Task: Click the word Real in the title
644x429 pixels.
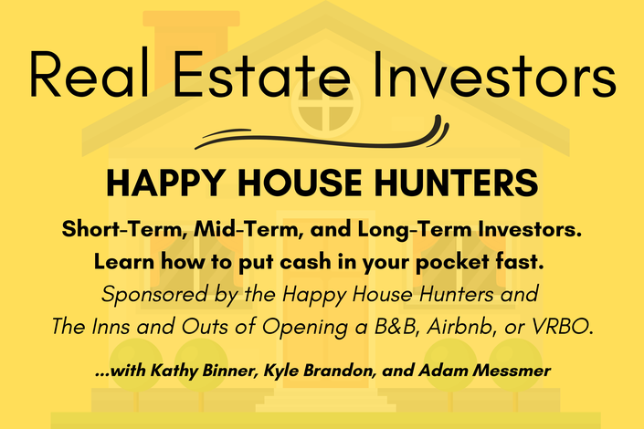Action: (89, 74)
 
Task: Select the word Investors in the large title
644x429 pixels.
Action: (494, 74)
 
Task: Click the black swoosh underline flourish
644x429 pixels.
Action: (322, 132)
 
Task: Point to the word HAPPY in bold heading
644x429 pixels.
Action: (166, 183)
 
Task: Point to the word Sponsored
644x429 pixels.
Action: (155, 295)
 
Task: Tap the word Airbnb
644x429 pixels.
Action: (459, 327)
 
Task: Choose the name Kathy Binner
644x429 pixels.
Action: (204, 371)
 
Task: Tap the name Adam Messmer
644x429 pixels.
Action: (485, 371)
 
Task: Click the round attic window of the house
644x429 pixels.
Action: (325, 106)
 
